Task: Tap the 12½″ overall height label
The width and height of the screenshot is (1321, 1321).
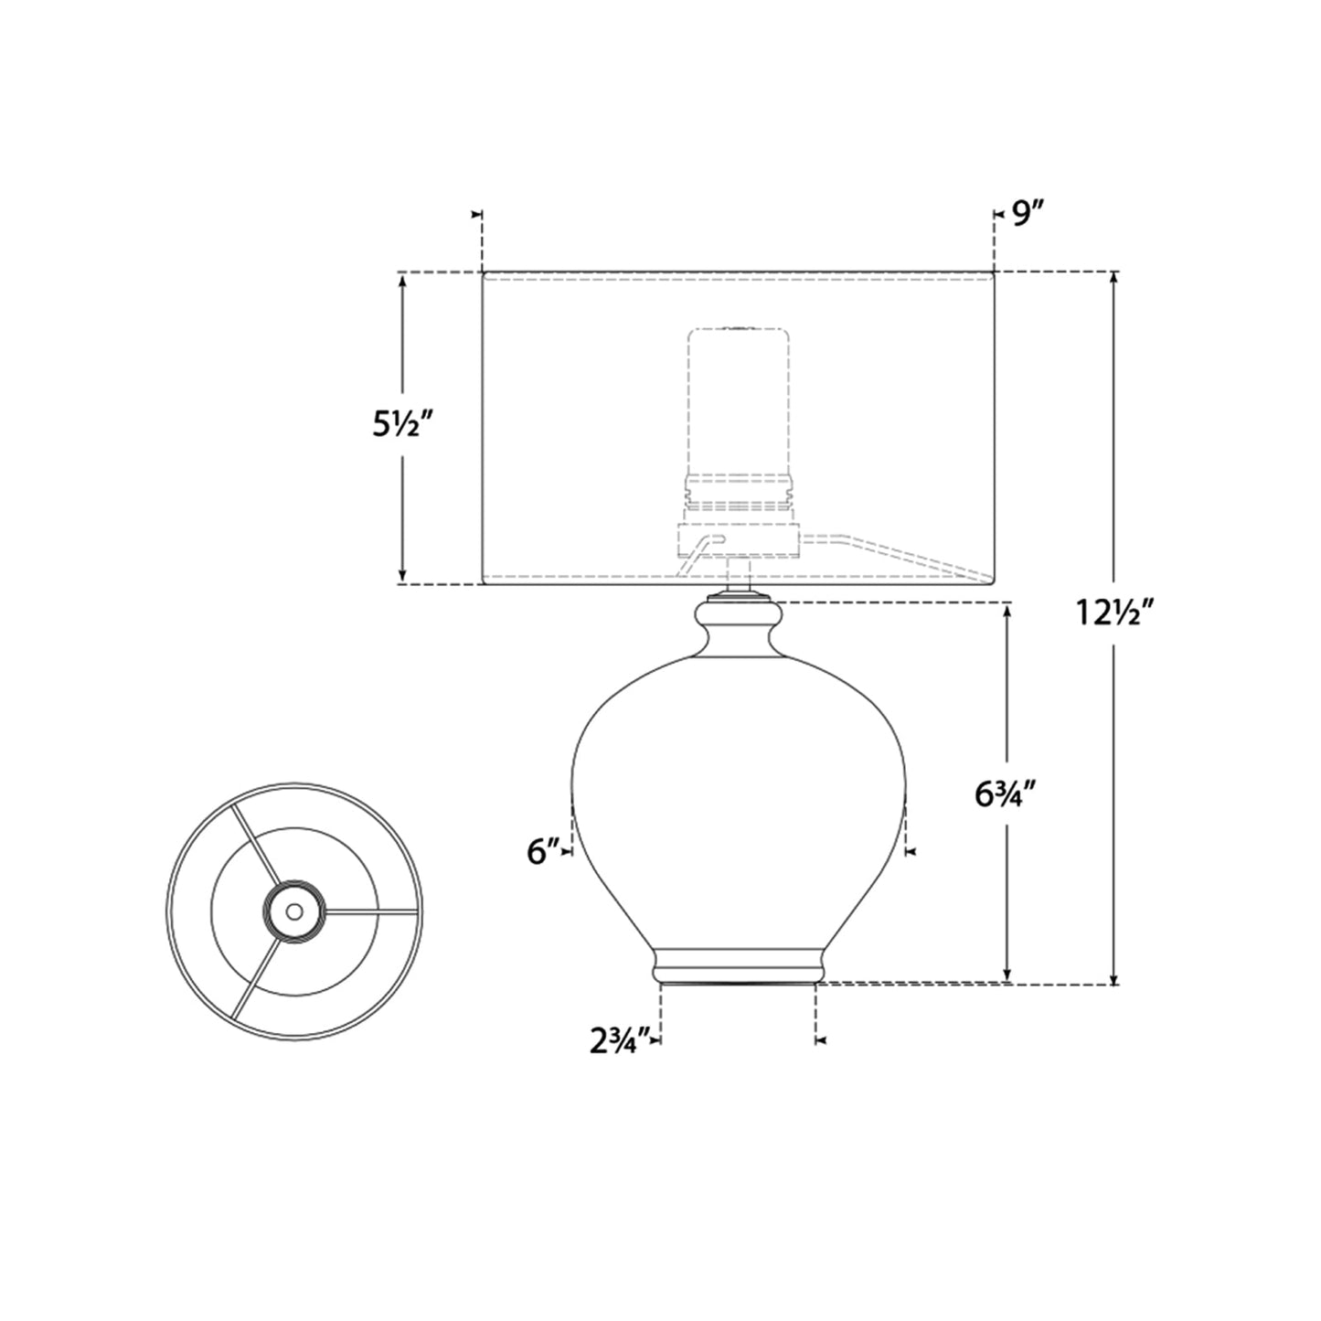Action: point(1117,614)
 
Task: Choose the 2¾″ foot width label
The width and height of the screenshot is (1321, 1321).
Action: point(620,1039)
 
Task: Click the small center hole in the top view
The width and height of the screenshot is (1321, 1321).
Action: point(293,911)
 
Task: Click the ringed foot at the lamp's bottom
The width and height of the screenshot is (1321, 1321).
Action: point(738,966)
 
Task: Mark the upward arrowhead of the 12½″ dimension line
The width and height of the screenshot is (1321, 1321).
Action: point(1113,279)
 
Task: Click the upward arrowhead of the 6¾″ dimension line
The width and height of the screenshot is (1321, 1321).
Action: point(1007,610)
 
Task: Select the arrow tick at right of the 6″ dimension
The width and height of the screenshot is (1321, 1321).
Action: point(909,852)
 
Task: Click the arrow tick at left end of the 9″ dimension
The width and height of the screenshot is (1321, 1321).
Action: point(476,214)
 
